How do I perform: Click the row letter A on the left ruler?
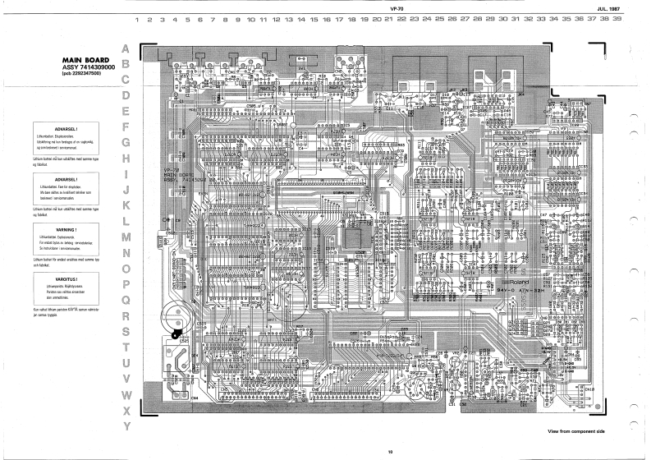click(126, 48)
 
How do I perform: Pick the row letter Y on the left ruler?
click(126, 426)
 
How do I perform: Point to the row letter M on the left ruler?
click(126, 237)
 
